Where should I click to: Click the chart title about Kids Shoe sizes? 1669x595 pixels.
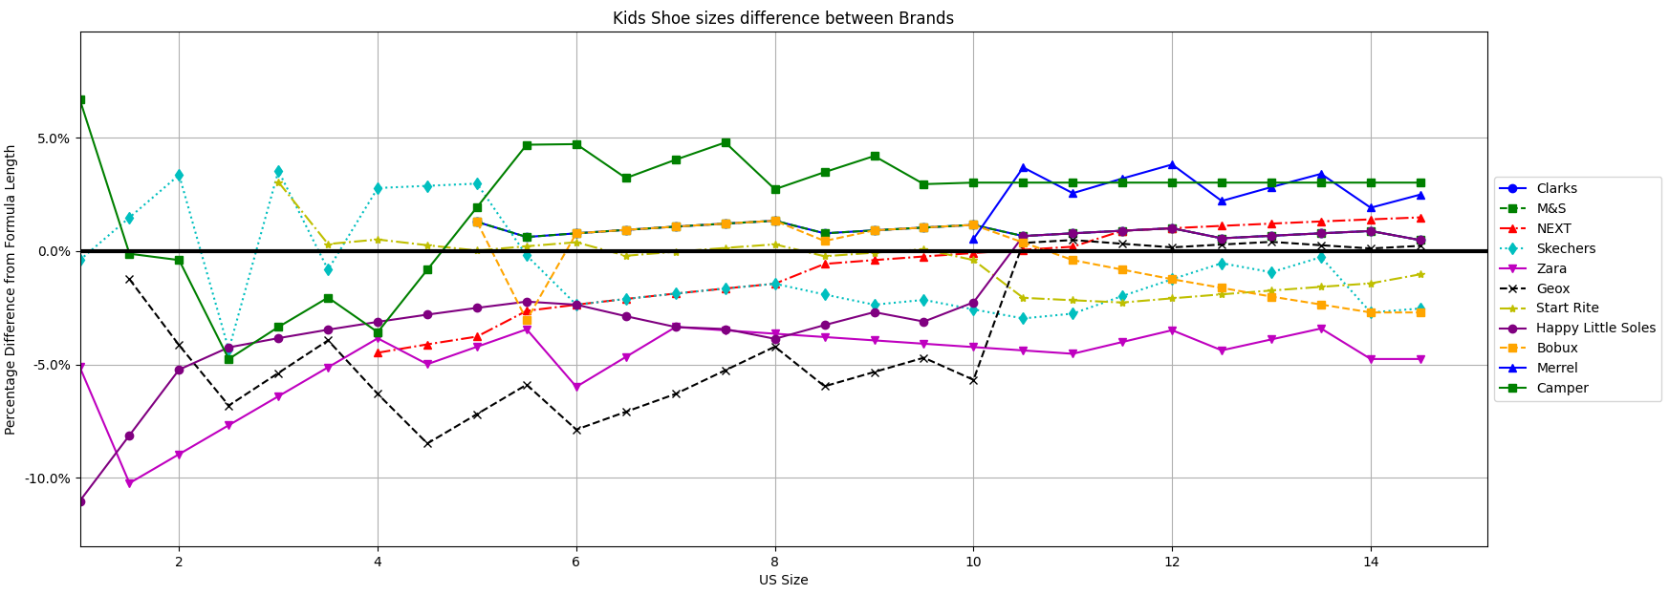click(x=783, y=18)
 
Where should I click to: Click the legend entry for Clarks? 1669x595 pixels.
click(x=1556, y=188)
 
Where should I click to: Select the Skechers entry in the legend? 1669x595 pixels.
click(x=1565, y=248)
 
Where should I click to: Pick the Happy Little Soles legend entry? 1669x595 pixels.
click(x=1595, y=328)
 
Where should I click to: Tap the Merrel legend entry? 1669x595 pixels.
click(x=1556, y=368)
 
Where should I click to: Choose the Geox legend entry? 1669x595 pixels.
click(x=1553, y=288)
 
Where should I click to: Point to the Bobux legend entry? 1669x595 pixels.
click(x=1556, y=348)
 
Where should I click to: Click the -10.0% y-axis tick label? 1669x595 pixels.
click(x=46, y=478)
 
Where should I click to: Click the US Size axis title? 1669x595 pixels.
click(x=783, y=580)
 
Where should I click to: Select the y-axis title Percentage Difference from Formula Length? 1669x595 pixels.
click(x=11, y=289)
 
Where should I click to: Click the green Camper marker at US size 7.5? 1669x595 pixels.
click(x=726, y=142)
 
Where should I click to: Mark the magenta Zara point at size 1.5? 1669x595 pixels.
click(x=129, y=483)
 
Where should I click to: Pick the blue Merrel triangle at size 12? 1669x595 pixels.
click(x=1172, y=164)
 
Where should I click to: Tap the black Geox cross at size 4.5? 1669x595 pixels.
click(x=427, y=443)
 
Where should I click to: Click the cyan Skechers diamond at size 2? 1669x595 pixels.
click(x=179, y=175)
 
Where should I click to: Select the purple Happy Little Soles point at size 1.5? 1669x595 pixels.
click(x=129, y=436)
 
